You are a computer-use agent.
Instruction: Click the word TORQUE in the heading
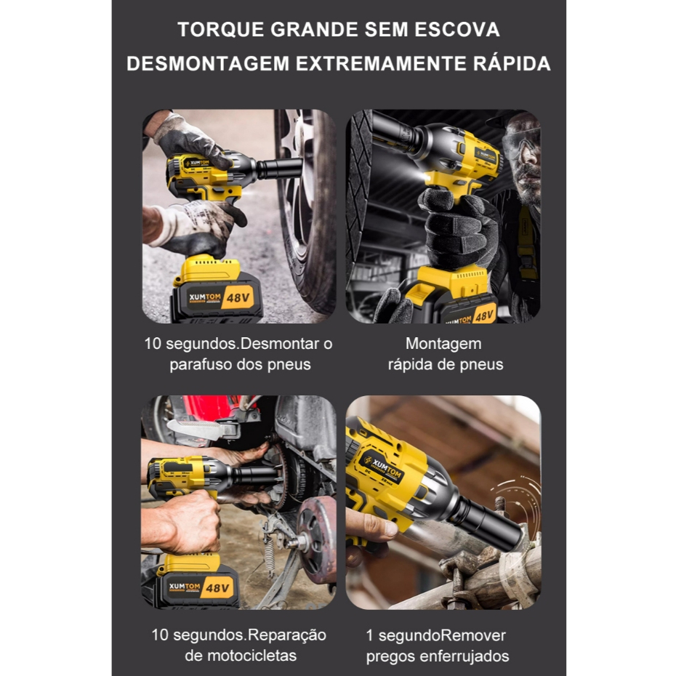[220, 30]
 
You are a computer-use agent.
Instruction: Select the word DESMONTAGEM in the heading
[208, 63]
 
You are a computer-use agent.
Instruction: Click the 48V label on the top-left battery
[238, 298]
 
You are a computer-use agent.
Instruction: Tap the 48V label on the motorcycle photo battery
[217, 588]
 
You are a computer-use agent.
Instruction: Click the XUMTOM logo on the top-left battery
[205, 297]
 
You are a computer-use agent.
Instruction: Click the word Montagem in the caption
[443, 344]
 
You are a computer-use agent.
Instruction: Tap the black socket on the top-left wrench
[279, 167]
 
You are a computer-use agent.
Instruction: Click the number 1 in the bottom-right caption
[369, 635]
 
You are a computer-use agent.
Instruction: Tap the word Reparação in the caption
[287, 635]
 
